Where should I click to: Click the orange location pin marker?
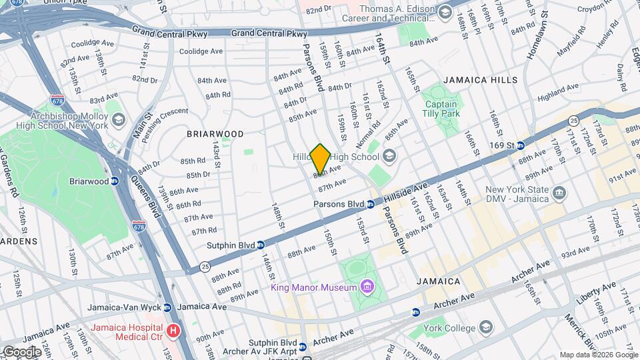coord(320,159)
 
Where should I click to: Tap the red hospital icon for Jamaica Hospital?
coord(174,330)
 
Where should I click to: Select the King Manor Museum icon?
coord(366,287)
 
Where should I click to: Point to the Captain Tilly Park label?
coord(441,109)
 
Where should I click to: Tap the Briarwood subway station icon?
coord(114,181)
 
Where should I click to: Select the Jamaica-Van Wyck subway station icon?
coord(167,307)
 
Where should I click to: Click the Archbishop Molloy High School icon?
coord(119,120)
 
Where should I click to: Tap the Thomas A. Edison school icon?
coord(445,12)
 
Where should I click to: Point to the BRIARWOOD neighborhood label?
coord(215,134)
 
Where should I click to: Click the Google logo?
coord(21,351)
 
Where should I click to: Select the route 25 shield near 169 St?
coord(573,121)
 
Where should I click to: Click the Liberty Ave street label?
coord(596,293)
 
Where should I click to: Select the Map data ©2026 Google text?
coord(598,355)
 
